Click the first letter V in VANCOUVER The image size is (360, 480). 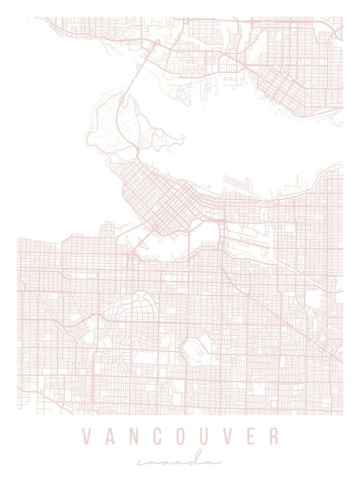pos(86,436)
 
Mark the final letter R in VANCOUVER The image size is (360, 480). pos(274,436)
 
